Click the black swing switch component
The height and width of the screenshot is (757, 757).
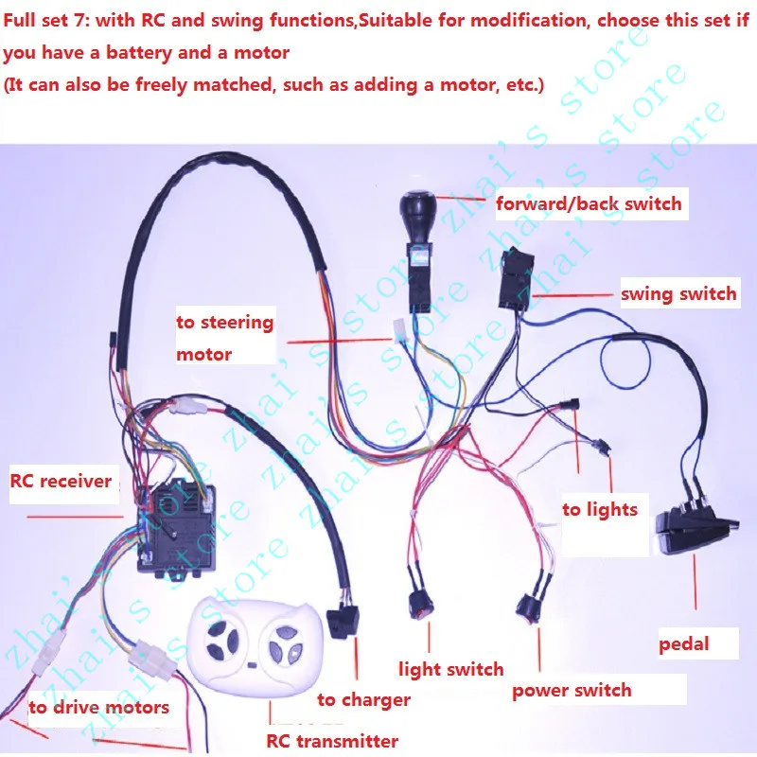coord(516,280)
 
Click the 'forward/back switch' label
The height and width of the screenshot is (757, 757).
coord(589,202)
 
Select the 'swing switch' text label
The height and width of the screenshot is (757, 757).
coord(678,293)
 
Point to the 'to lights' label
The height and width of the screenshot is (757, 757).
coord(600,510)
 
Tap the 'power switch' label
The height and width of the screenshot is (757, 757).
coord(572,690)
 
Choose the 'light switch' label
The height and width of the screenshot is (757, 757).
coord(450,670)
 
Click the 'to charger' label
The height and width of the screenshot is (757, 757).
coord(363,700)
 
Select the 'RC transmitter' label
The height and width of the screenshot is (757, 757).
coord(329,741)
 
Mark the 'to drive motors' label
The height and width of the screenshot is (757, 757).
coord(98,707)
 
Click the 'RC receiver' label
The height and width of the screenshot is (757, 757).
coord(61,481)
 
